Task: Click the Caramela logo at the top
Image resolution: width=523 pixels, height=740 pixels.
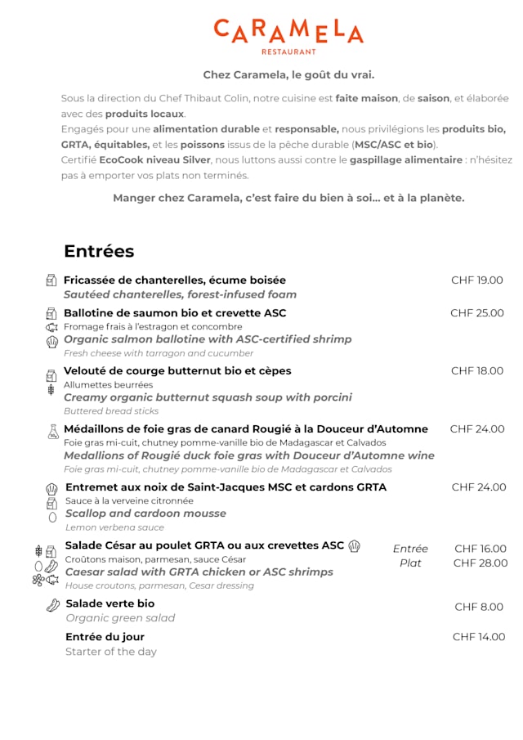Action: pyautogui.click(x=288, y=35)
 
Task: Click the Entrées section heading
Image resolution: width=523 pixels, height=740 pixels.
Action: pyautogui.click(x=99, y=251)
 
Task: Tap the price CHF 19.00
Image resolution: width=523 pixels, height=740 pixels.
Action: pyautogui.click(x=477, y=280)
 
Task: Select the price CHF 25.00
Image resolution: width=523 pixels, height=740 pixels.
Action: pyautogui.click(x=477, y=313)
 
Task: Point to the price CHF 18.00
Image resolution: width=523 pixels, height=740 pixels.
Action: pyautogui.click(x=477, y=371)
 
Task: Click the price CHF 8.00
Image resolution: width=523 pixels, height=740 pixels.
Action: pyautogui.click(x=479, y=608)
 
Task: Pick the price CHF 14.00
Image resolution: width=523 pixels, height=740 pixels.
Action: pyautogui.click(x=479, y=637)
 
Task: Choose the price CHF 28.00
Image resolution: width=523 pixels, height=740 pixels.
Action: pyautogui.click(x=481, y=563)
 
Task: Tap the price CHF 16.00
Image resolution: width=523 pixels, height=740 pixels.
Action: pyautogui.click(x=481, y=549)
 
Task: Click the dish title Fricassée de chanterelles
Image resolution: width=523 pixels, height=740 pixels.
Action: pyautogui.click(x=175, y=280)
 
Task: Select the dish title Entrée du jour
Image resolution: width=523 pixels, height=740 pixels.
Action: pyautogui.click(x=105, y=637)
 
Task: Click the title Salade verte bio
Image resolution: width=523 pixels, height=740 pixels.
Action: pyautogui.click(x=110, y=604)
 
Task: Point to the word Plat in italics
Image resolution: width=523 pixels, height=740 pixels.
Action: pyautogui.click(x=410, y=563)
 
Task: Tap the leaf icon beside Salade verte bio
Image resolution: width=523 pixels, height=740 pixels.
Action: pyautogui.click(x=53, y=605)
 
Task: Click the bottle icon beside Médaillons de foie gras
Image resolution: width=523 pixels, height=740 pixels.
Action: pyautogui.click(x=53, y=432)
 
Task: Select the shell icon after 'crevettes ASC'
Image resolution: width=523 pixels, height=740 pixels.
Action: pyautogui.click(x=355, y=546)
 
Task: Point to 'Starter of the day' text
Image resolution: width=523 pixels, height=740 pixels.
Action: pyautogui.click(x=111, y=652)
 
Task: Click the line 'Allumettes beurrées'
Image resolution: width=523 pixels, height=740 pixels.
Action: pyautogui.click(x=108, y=384)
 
